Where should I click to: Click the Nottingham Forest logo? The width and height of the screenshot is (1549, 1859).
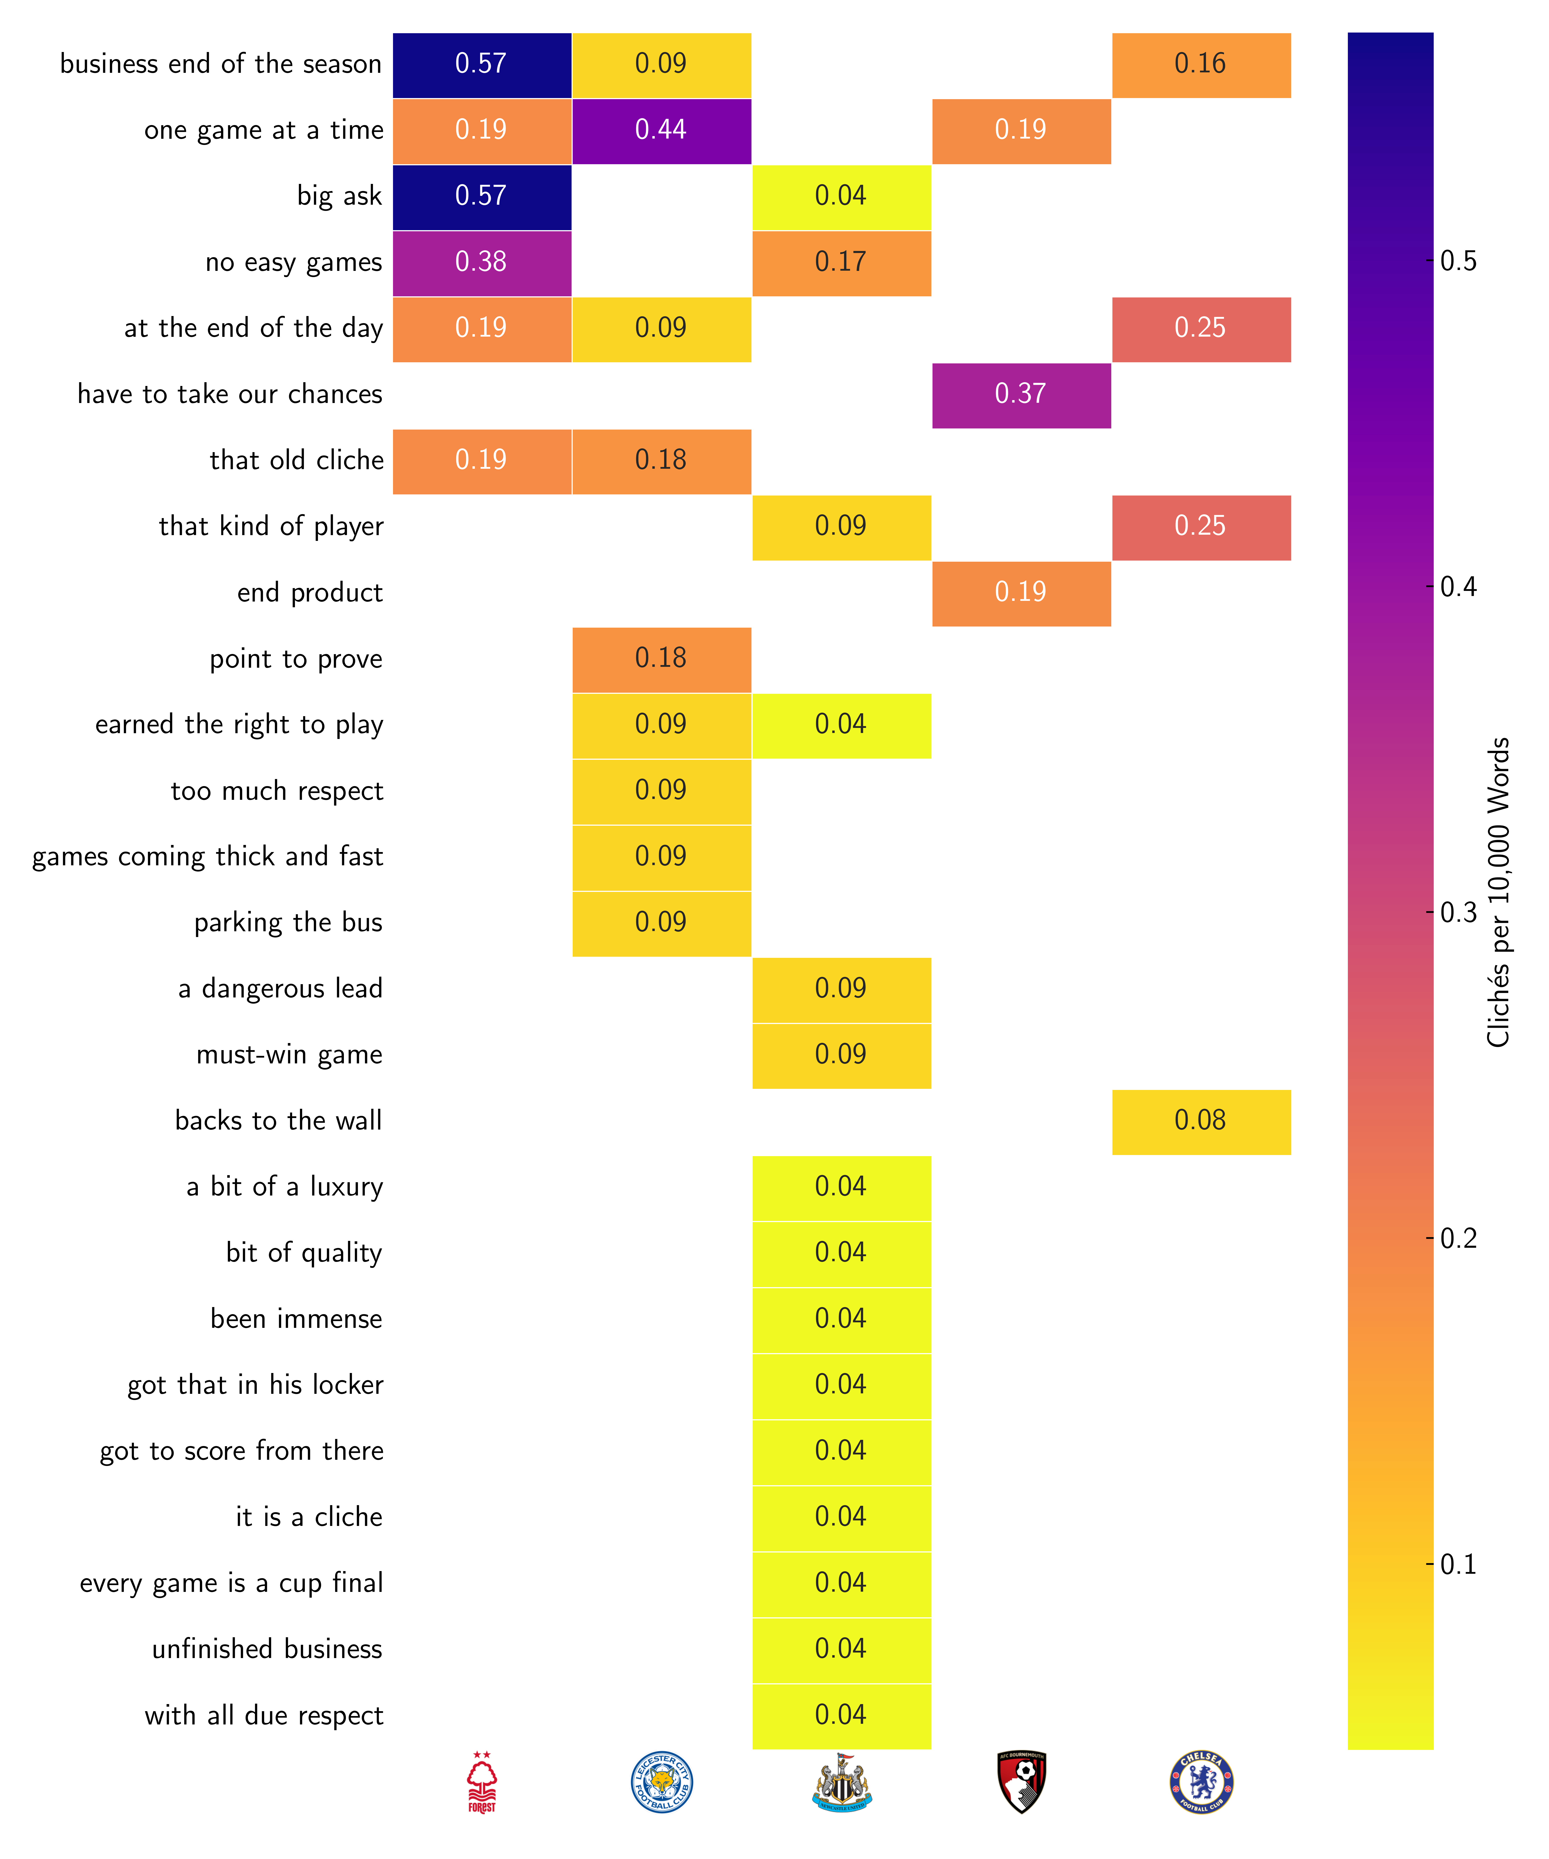point(482,1782)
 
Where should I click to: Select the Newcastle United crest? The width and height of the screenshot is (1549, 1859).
point(842,1782)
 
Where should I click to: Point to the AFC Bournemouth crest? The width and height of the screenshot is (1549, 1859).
point(1021,1782)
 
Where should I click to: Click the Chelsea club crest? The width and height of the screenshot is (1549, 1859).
point(1201,1782)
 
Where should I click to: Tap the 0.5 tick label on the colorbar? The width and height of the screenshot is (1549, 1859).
point(1458,261)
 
